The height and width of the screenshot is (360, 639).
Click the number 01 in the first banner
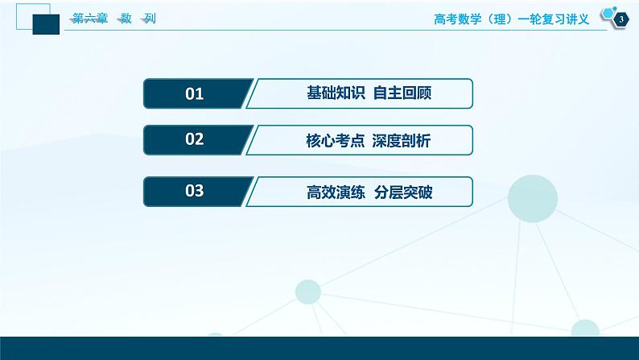(195, 94)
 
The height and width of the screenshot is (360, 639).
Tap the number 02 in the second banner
(195, 140)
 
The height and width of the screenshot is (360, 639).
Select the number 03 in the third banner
(195, 191)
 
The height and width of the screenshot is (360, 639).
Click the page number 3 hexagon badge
(620, 20)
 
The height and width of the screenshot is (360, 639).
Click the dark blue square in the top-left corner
(47, 25)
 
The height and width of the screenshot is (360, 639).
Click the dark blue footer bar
(319, 348)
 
